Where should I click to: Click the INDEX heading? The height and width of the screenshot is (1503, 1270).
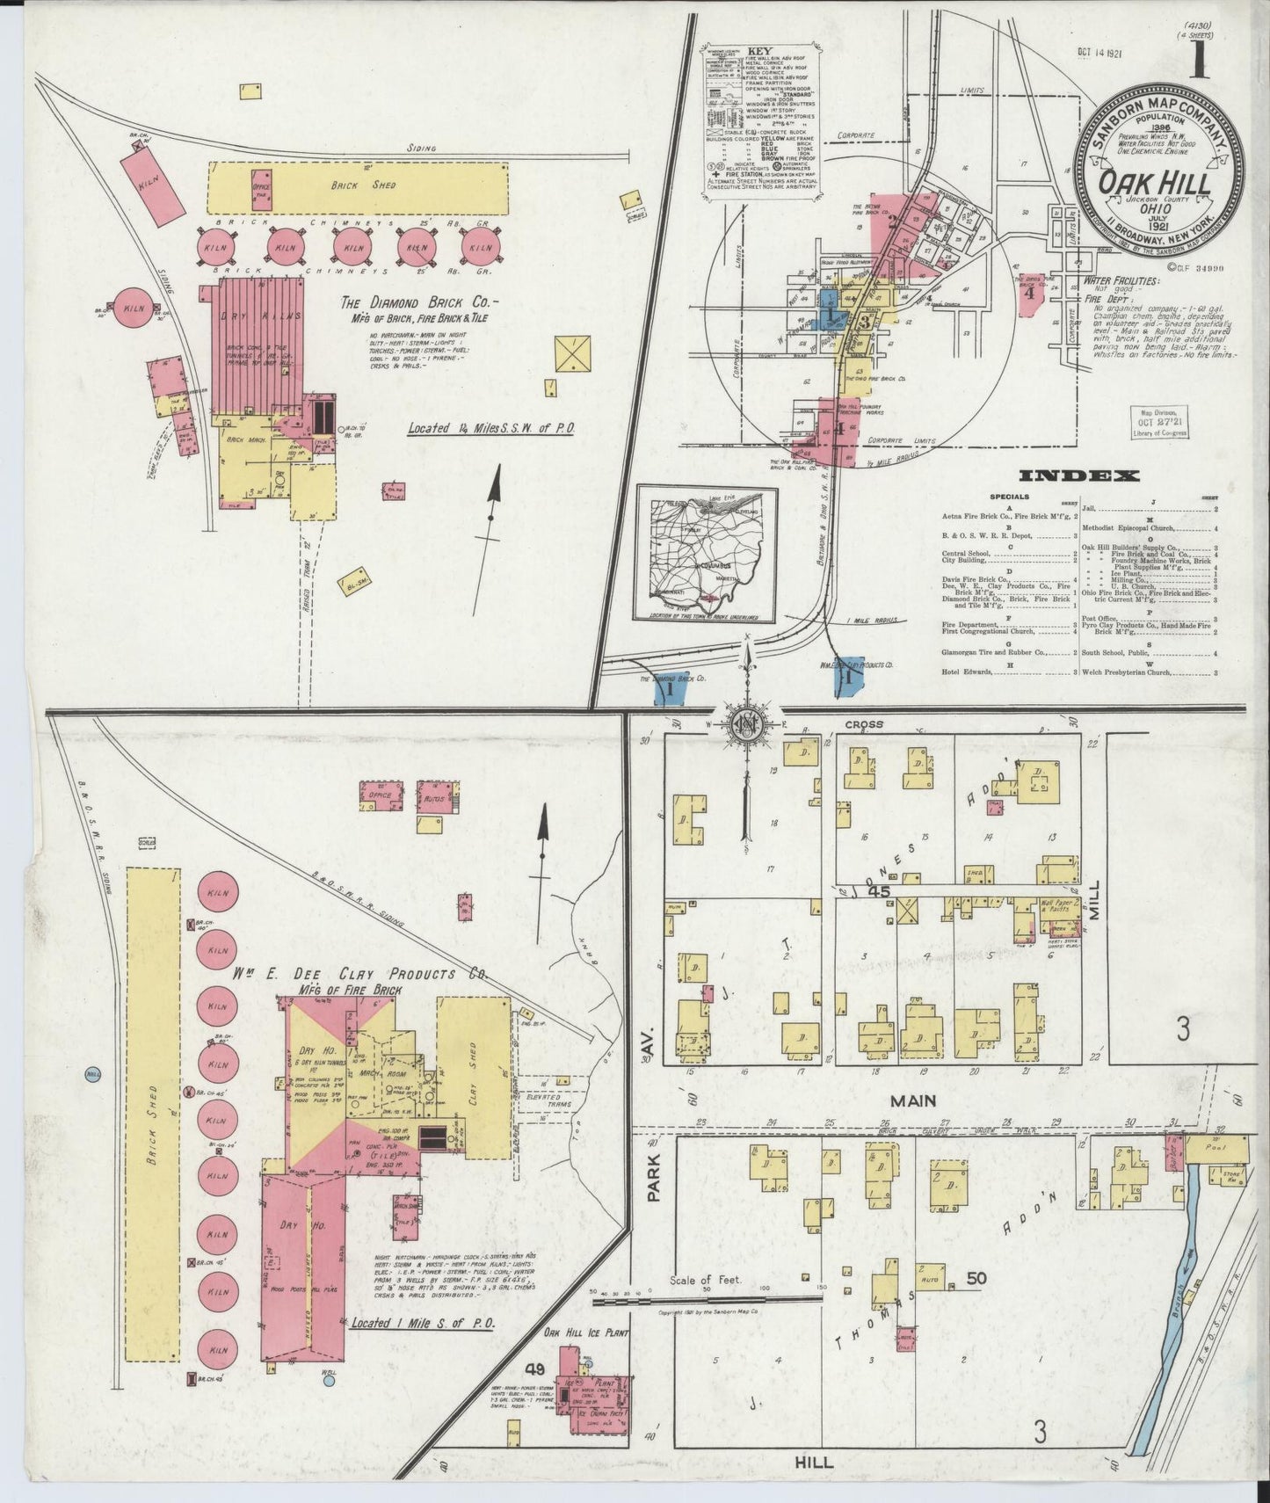(1078, 476)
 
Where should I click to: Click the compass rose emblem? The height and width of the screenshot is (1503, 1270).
(742, 722)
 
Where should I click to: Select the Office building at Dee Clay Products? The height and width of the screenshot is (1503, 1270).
(380, 795)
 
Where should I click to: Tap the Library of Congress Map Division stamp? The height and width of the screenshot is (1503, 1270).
(1158, 423)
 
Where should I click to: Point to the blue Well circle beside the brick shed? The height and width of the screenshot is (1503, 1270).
(91, 1074)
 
